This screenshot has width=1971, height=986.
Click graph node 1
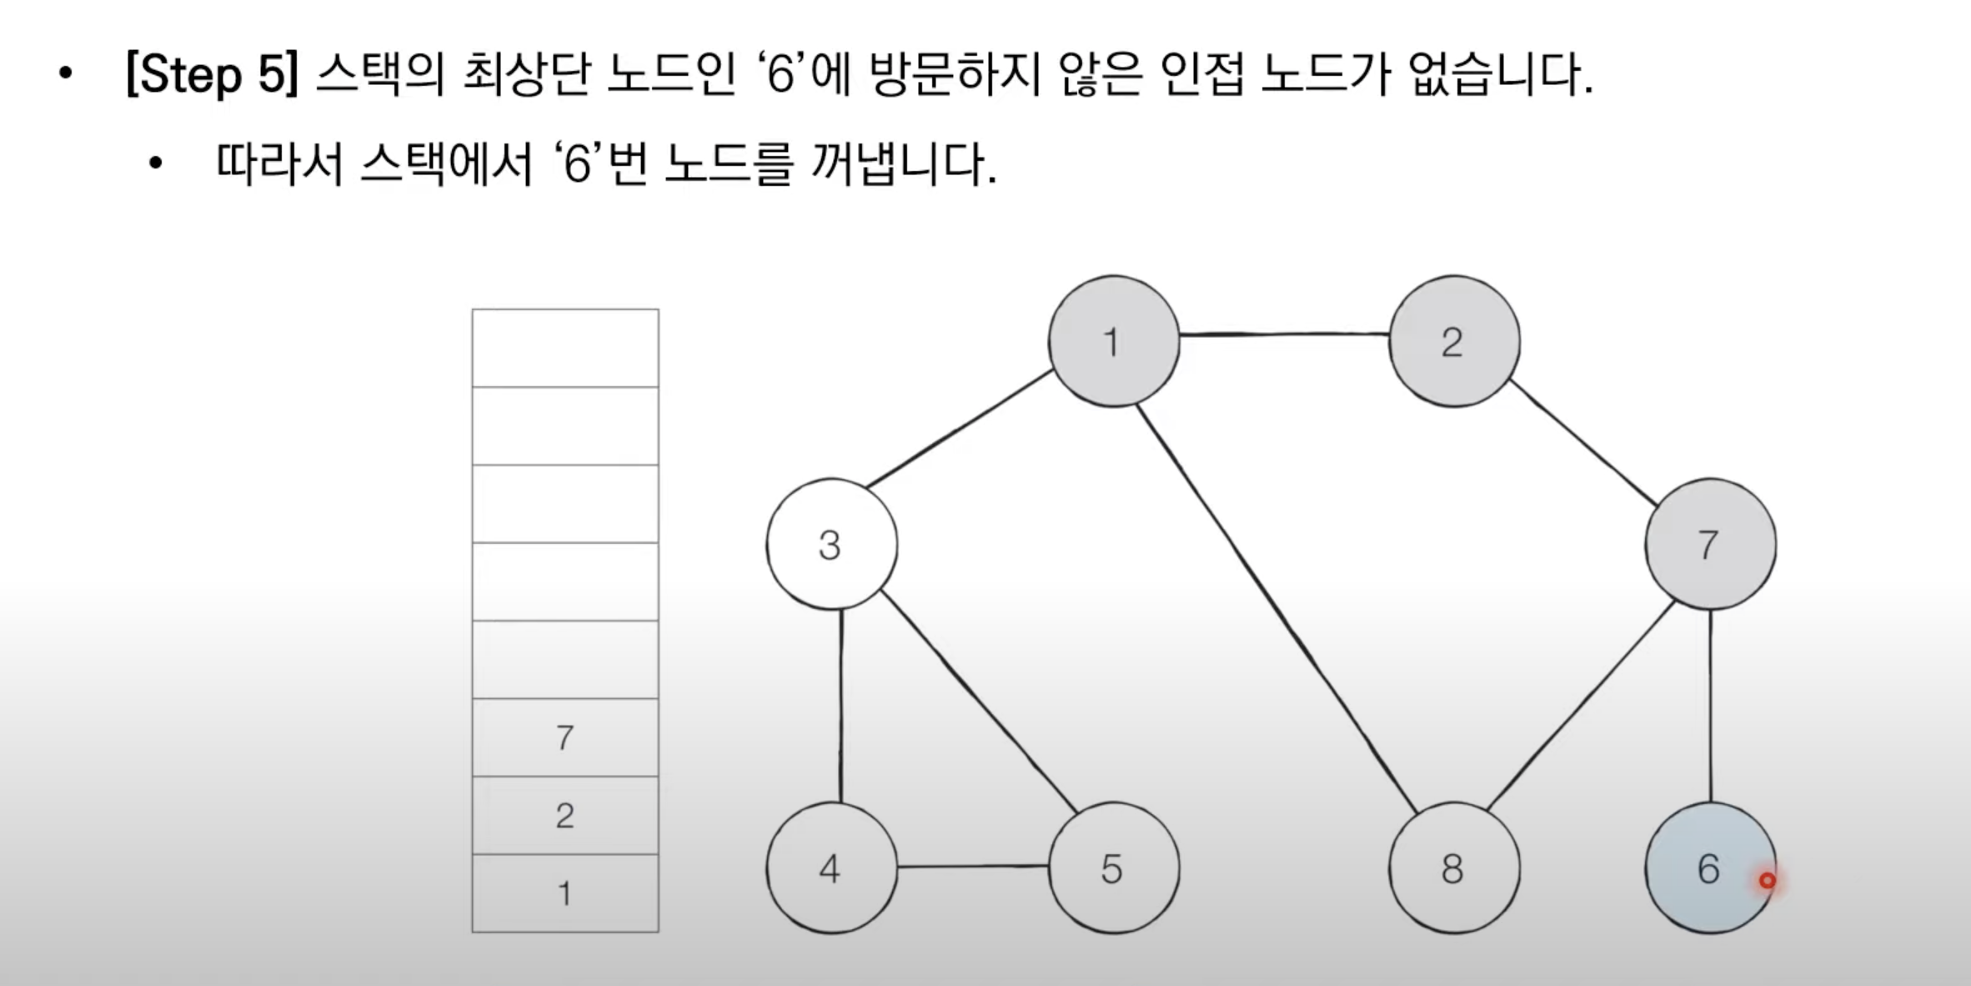[1113, 342]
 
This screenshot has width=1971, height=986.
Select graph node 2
[1453, 342]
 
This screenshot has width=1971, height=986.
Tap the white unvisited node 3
[831, 545]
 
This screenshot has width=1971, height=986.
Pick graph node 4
[831, 868]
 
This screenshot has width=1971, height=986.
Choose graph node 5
[1113, 868]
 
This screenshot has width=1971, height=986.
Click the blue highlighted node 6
[1709, 868]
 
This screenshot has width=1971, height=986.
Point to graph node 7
[1709, 545]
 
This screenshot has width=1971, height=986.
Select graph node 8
[1453, 868]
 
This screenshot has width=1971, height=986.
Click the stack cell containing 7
[565, 737]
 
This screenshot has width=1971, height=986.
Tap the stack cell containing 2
[565, 815]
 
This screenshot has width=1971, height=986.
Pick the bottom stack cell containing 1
[565, 893]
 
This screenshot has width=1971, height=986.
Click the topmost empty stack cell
[565, 348]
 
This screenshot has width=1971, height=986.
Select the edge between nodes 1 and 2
[1284, 335]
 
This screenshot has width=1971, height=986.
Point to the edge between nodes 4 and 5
[972, 866]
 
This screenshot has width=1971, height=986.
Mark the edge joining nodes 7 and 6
[1710, 705]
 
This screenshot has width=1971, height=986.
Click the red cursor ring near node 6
[1767, 880]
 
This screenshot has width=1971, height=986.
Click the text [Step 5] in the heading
[211, 75]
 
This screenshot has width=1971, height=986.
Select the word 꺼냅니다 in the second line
[903, 165]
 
